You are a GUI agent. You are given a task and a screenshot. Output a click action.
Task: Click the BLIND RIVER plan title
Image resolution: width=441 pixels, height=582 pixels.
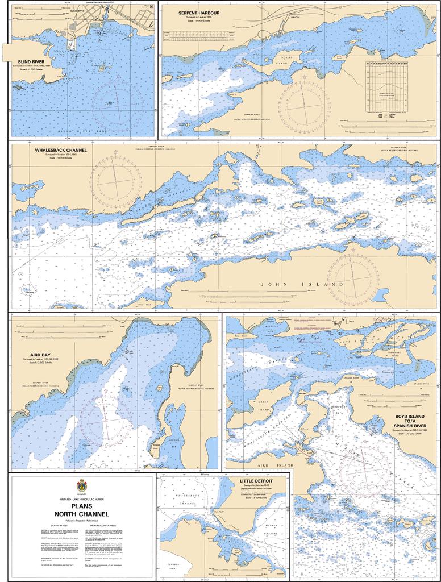click(31, 61)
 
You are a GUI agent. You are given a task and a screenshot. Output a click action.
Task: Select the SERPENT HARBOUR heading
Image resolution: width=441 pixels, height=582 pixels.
click(199, 12)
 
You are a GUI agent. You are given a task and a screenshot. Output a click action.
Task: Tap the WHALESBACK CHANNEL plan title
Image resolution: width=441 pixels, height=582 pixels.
click(61, 151)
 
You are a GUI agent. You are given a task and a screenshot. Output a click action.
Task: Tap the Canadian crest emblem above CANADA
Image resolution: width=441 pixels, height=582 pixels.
click(82, 485)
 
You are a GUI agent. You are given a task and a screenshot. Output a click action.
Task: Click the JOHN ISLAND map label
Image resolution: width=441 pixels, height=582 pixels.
click(302, 284)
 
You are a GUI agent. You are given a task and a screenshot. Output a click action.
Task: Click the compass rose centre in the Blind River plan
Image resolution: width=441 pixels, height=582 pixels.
click(118, 106)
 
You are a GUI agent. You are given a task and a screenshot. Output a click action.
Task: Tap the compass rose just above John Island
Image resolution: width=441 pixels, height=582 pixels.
click(352, 280)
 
